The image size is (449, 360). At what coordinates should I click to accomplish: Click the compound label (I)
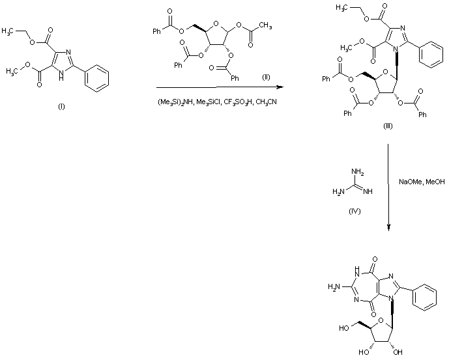tap(61, 107)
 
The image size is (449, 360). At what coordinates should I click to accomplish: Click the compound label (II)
tap(265, 77)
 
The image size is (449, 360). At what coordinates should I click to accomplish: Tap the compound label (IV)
tap(356, 211)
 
